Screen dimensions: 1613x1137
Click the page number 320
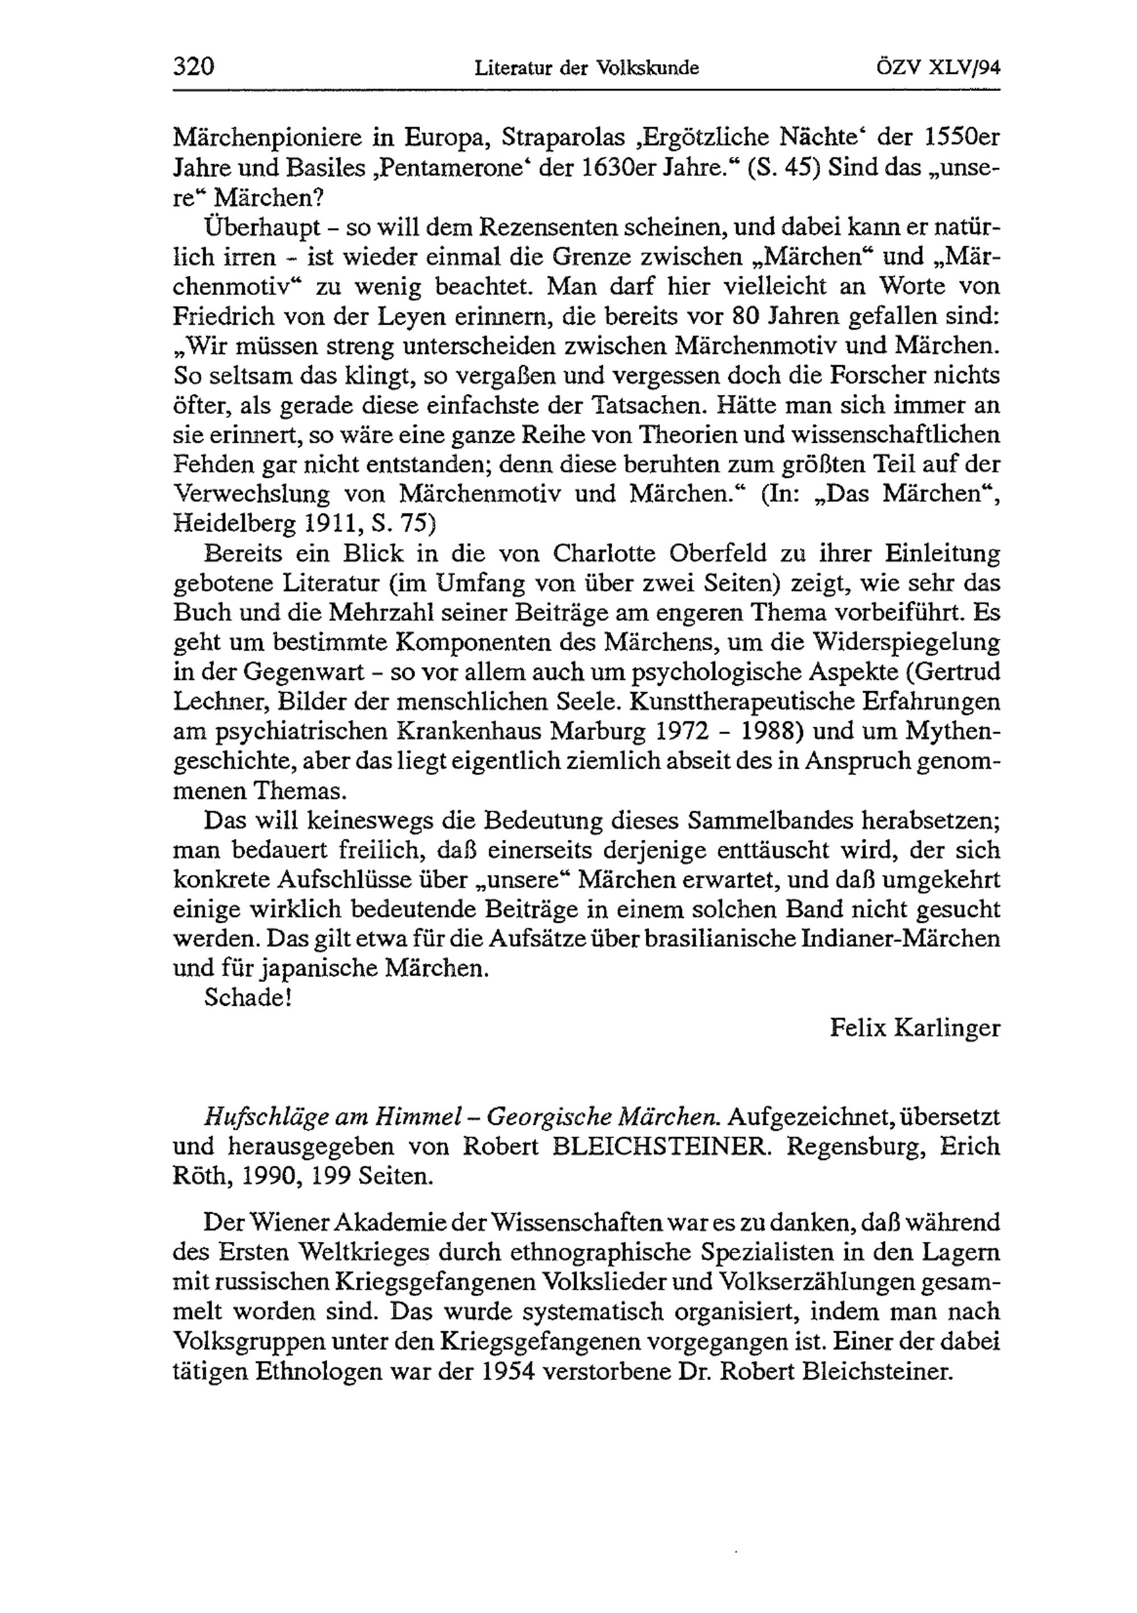click(x=193, y=68)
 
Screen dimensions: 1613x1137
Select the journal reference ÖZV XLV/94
click(x=937, y=68)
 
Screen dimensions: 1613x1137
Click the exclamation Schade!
click(x=247, y=998)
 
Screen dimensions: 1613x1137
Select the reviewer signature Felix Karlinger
click(x=914, y=1028)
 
